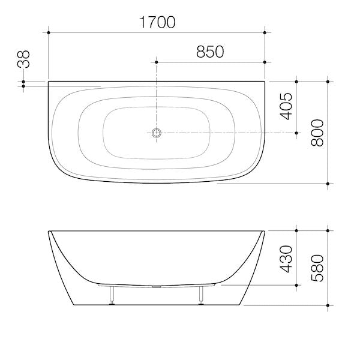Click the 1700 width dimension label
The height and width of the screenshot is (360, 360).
coord(158,23)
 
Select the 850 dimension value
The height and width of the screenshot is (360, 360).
coord(210,52)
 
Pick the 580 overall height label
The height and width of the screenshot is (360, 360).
coord(317,268)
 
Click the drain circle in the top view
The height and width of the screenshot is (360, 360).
coord(157,132)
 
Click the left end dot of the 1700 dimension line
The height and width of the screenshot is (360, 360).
coord(49,32)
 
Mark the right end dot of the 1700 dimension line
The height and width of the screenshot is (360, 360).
coord(265,32)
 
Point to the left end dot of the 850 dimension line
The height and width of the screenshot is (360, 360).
coord(157,61)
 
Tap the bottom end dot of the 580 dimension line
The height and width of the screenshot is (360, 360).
coord(328,304)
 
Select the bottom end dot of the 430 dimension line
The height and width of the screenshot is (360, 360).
coord(296,286)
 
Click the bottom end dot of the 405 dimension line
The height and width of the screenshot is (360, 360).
coord(296,132)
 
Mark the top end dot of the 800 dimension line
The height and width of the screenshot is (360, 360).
coord(328,80)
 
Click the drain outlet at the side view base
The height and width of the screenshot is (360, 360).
coord(157,286)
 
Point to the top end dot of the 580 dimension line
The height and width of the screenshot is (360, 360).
coord(328,230)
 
